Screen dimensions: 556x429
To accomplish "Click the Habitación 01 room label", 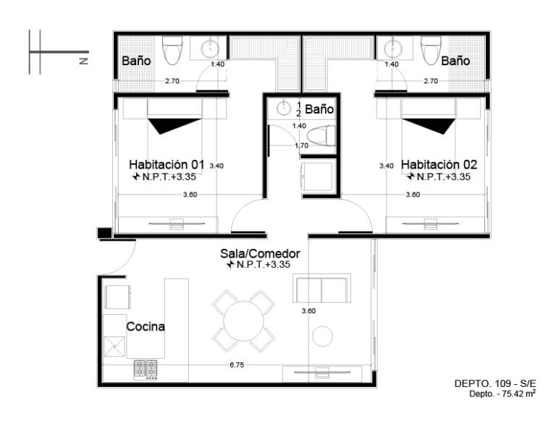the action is (167, 165).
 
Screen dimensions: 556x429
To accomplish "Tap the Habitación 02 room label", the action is (439, 165).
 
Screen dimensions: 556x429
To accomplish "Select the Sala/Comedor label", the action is (260, 254).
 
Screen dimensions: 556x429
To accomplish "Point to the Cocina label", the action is (146, 326).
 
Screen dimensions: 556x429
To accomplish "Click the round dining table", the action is (243, 321).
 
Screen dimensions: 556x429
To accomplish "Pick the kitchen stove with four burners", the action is (146, 370).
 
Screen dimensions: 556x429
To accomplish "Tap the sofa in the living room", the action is (321, 288).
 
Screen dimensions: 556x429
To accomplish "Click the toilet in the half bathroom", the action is (321, 137).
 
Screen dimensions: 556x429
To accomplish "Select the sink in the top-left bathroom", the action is (210, 48).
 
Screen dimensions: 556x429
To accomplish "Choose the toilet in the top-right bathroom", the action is (431, 51).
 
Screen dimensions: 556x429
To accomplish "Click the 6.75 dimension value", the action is (237, 365).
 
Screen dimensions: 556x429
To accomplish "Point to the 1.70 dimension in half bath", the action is (302, 145).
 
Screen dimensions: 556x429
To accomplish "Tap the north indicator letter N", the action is (84, 61).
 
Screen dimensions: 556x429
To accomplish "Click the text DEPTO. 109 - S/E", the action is (495, 383).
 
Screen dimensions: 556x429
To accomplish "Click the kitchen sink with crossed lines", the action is (114, 346).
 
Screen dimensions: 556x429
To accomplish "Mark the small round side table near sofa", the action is (322, 336).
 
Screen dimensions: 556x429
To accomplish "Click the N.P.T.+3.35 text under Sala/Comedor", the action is (259, 264).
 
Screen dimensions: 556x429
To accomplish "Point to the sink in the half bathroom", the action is (284, 108).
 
